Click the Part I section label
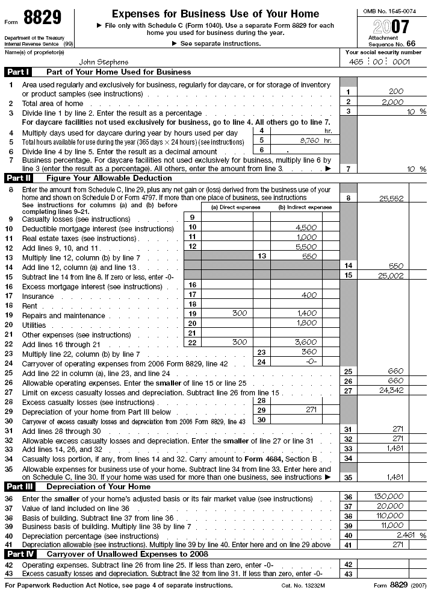(18, 72)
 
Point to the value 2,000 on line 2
(392, 102)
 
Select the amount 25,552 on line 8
(391, 198)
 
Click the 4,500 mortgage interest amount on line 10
(306, 227)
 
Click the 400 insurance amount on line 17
(309, 295)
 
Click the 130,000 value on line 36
(389, 497)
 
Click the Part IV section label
(19, 554)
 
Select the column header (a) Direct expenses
(235, 207)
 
